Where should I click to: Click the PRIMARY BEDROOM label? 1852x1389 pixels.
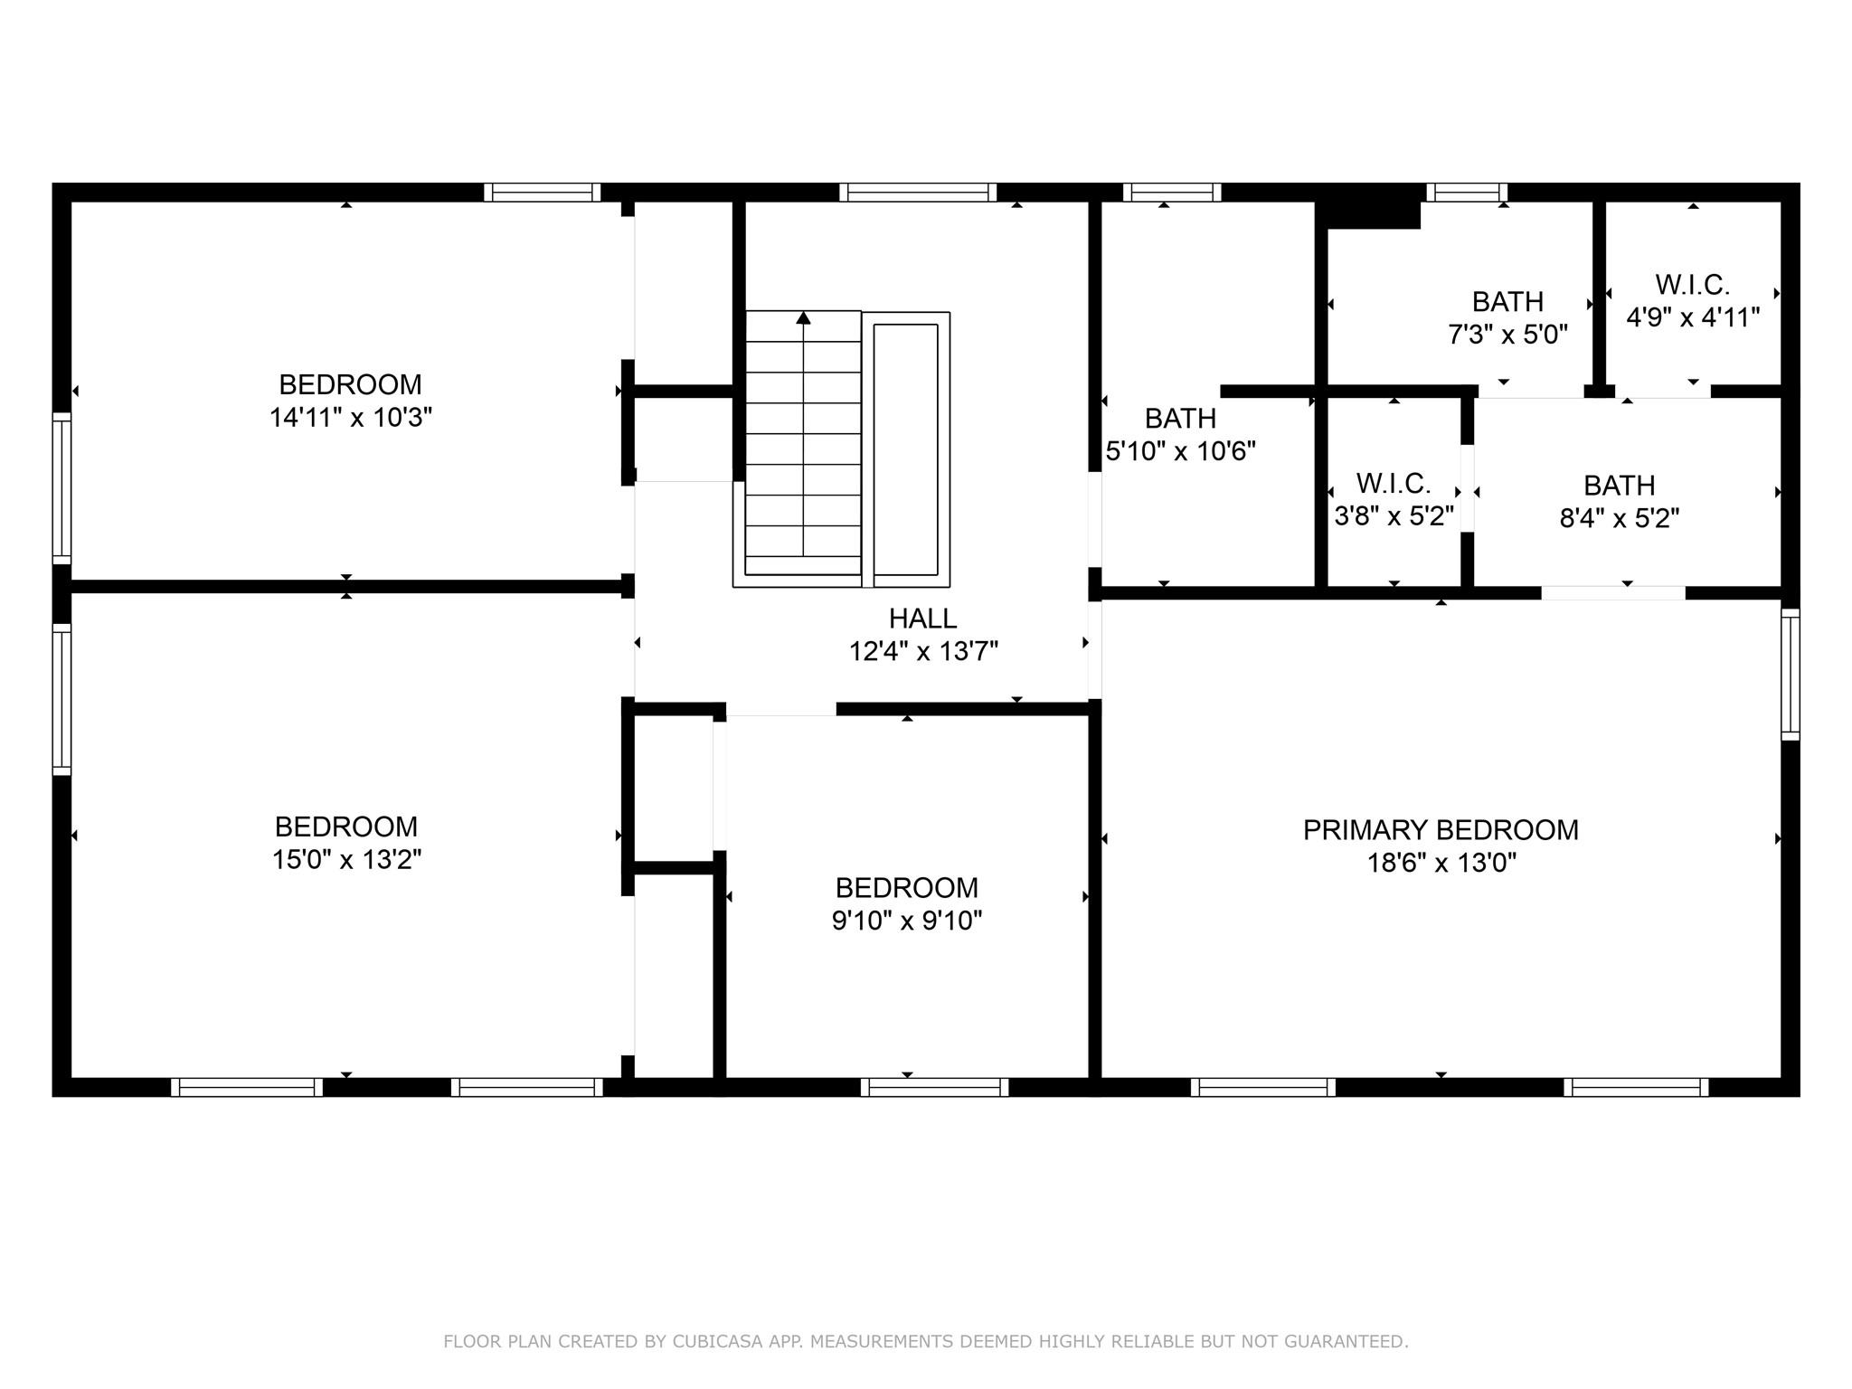click(1440, 829)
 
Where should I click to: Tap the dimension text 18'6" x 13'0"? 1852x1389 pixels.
click(1441, 863)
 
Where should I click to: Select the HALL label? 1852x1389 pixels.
click(922, 619)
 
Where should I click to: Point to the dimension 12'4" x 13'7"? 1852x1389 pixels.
click(922, 651)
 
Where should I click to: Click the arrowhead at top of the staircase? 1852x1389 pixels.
click(803, 317)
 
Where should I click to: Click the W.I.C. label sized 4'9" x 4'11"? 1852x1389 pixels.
click(1692, 285)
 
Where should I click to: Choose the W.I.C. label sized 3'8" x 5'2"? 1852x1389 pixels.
click(1393, 483)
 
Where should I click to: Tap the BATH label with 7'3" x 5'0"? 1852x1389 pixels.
click(1507, 301)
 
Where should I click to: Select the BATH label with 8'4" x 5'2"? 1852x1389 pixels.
click(1619, 486)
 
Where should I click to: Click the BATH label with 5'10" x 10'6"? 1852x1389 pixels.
click(1180, 419)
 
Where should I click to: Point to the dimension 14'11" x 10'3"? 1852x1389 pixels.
click(350, 418)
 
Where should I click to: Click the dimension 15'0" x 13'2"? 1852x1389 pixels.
click(346, 859)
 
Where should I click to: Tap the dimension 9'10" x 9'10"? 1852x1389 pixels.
click(906, 921)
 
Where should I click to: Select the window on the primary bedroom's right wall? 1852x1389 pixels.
click(1790, 675)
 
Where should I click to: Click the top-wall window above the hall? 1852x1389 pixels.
click(917, 192)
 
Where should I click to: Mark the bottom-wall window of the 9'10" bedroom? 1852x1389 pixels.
click(933, 1087)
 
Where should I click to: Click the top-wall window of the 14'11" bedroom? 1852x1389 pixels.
click(542, 192)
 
